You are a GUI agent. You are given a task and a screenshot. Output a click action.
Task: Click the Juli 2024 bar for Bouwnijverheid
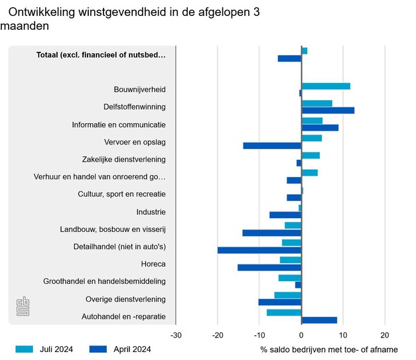coord(326,86)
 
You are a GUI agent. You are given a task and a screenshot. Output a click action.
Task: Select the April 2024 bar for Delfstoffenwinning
coord(328,110)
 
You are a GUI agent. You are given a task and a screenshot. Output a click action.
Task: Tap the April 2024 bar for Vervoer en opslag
coord(272,145)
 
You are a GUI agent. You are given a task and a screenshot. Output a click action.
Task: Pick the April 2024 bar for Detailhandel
coord(259,250)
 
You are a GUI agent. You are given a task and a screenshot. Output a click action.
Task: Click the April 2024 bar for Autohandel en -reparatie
coord(319,320)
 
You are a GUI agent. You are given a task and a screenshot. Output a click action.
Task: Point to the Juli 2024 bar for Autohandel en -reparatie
coord(284,312)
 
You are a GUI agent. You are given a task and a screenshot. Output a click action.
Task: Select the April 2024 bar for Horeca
coord(269,268)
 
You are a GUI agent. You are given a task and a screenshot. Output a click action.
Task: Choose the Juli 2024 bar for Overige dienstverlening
coord(288,295)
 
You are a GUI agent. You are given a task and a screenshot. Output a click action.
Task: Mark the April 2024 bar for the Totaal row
coord(289,58)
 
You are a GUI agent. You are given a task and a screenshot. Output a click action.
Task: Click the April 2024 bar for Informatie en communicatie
coord(320,127)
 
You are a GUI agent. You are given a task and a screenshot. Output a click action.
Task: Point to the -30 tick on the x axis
coord(176,335)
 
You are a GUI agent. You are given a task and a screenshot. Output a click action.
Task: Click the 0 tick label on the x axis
coord(301,335)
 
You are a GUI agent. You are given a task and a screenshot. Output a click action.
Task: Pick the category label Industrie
coord(151,212)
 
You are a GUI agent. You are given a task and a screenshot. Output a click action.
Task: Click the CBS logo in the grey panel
coord(23,307)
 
